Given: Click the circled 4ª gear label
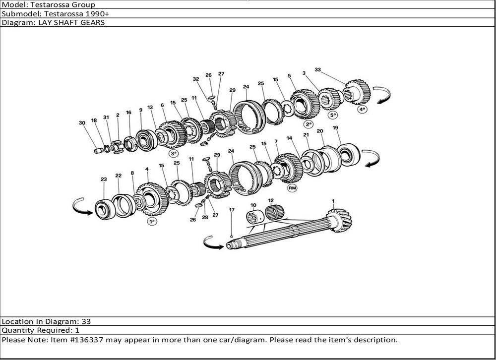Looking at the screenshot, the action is click(x=362, y=110).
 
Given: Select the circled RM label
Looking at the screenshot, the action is click(x=292, y=188).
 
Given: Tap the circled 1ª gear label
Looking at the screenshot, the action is click(x=152, y=221).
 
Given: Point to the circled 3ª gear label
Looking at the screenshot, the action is click(x=173, y=154).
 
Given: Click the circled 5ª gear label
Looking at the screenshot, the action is click(x=332, y=115).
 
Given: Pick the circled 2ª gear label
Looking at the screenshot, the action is click(x=309, y=124).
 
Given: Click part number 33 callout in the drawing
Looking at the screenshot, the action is click(x=317, y=69).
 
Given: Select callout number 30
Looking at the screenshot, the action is click(x=82, y=123).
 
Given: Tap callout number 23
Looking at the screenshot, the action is click(x=104, y=179).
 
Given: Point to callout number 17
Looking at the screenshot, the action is click(x=232, y=209).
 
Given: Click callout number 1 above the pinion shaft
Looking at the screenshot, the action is click(x=333, y=201).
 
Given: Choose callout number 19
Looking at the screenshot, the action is click(x=335, y=128).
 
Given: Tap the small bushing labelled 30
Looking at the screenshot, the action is click(x=99, y=151).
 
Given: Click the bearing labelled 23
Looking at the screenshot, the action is click(x=105, y=209).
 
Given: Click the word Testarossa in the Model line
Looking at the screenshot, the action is click(x=62, y=5).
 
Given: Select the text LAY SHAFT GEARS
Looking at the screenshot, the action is click(x=71, y=22).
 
